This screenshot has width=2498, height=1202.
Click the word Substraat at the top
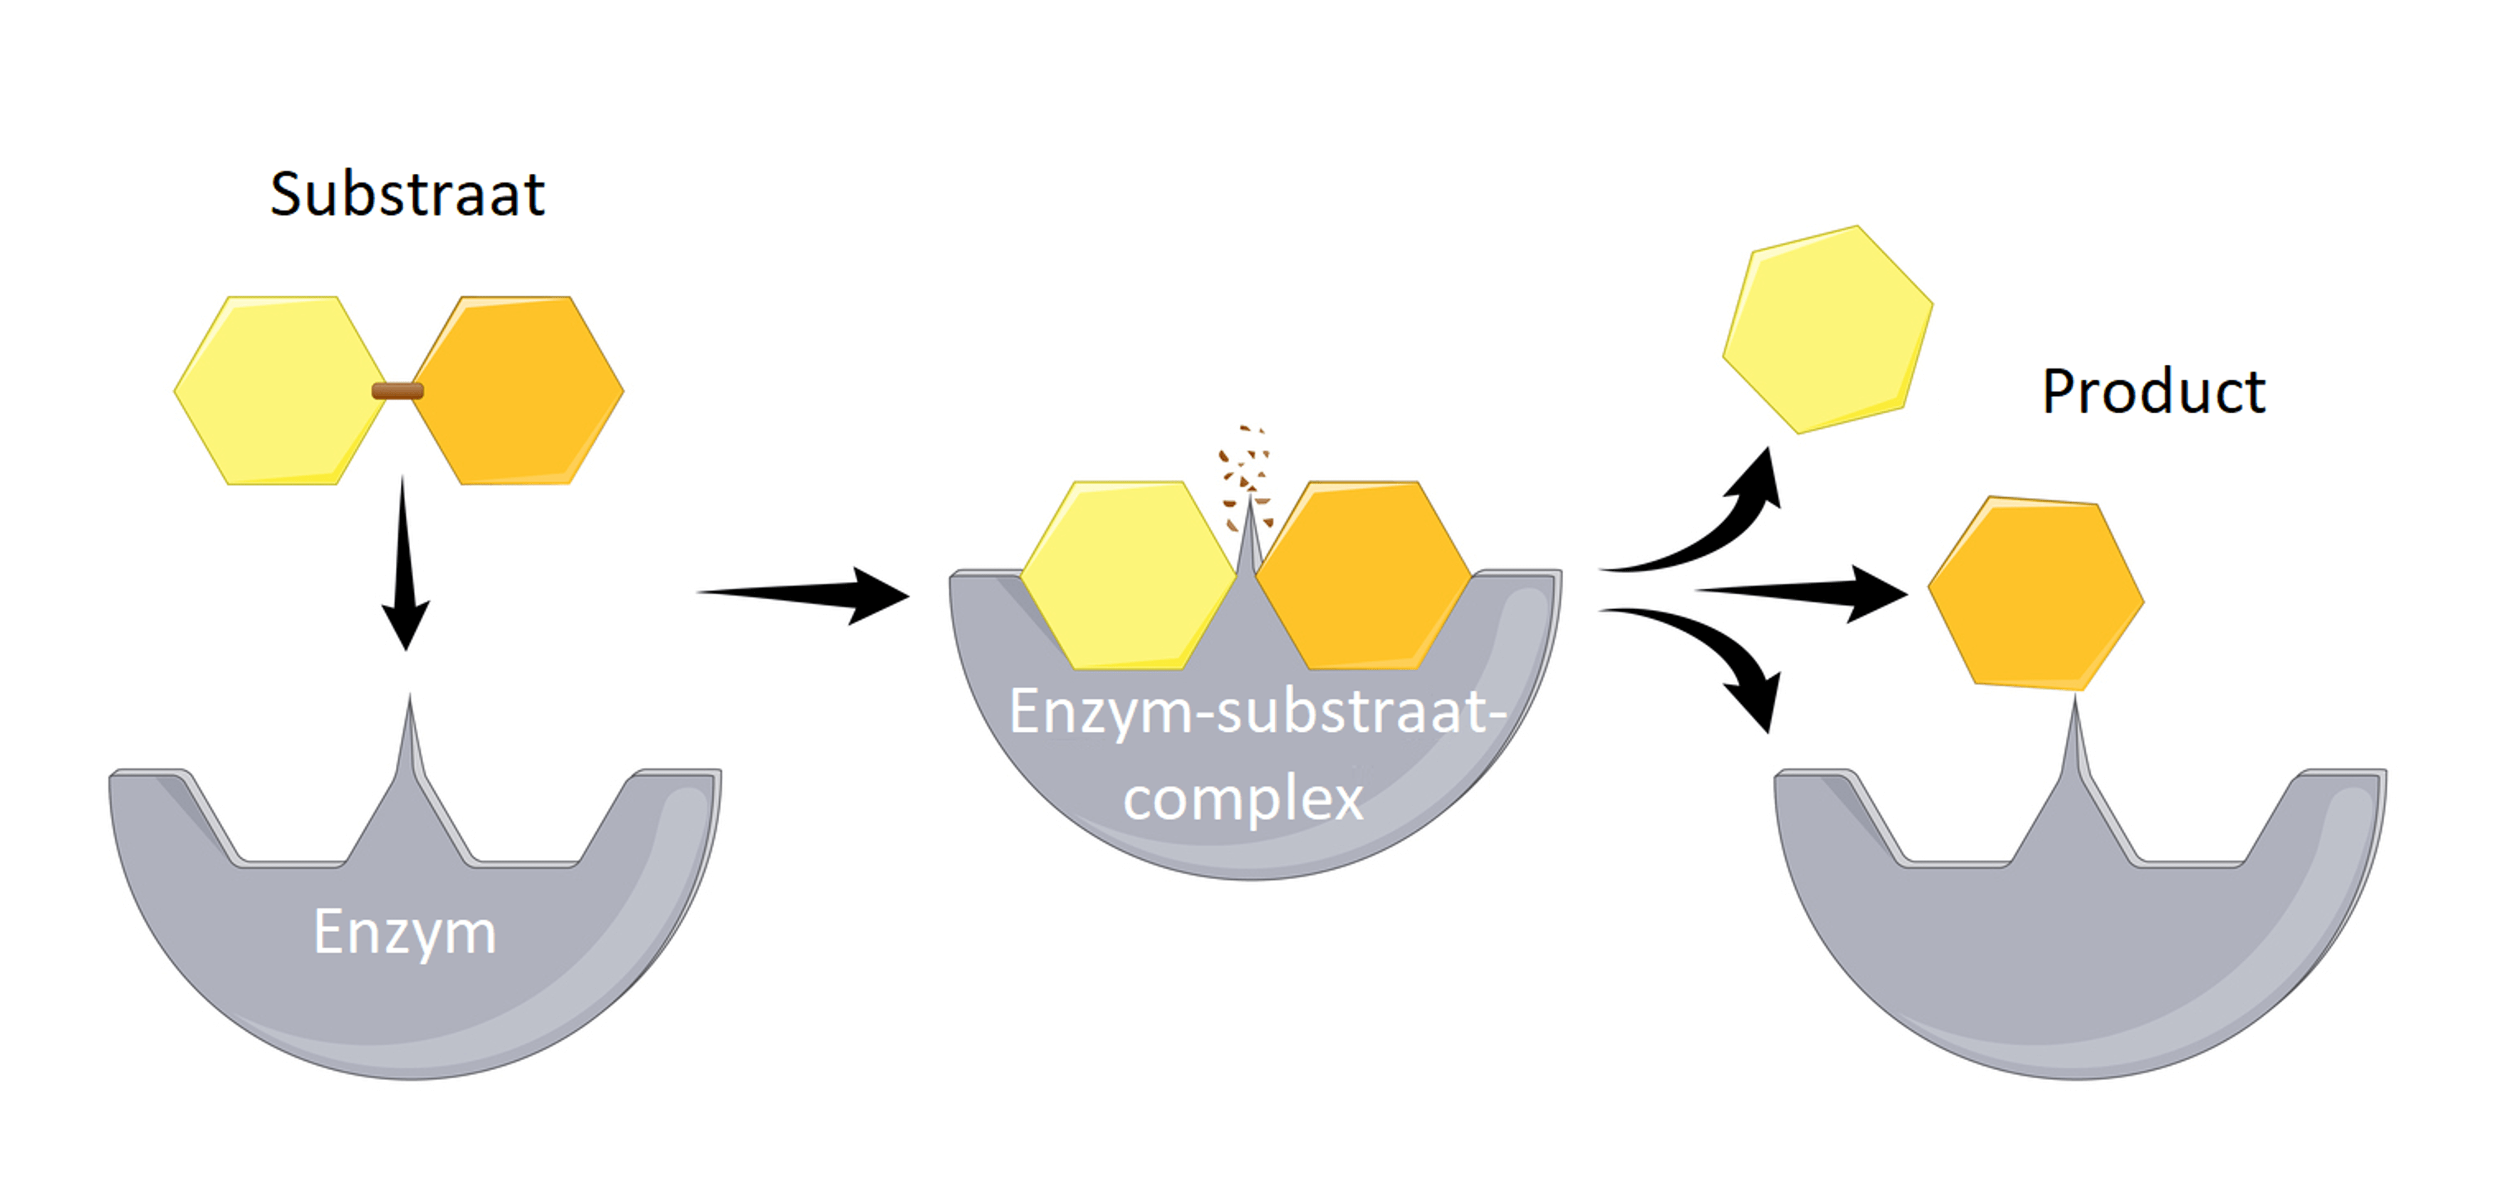407,194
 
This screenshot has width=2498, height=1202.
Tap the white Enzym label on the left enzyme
404,932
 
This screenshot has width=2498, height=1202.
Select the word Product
2153,392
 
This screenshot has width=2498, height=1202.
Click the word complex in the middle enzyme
1243,799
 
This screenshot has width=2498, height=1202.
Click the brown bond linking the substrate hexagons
397,391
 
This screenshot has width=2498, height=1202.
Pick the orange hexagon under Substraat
519,390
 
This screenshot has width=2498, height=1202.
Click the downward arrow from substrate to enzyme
404,563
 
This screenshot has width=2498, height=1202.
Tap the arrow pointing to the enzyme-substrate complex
805,594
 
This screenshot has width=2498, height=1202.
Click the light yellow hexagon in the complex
1128,574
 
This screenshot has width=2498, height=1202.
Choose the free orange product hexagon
2035,594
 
